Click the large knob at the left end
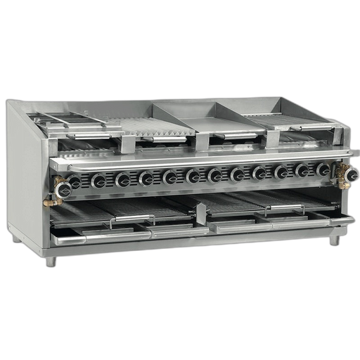tap(62, 187)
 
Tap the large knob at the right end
tap(351, 174)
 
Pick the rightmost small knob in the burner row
tap(323, 170)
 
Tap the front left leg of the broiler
tap(50, 261)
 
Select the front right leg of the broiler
tap(335, 240)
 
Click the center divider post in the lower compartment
tap(201, 213)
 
